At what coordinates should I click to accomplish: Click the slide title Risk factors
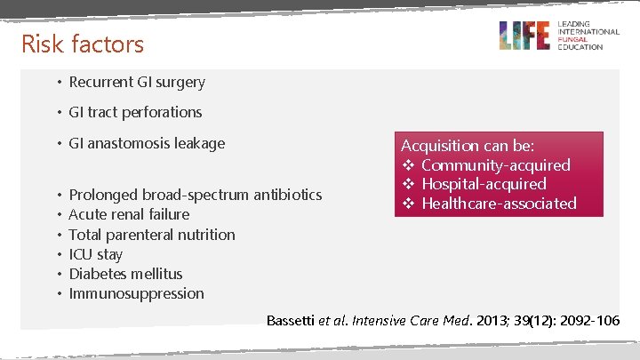click(82, 43)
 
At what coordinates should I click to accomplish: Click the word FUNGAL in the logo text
click(572, 39)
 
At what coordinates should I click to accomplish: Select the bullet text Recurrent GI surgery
click(137, 82)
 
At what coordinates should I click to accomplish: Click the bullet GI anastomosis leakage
click(147, 143)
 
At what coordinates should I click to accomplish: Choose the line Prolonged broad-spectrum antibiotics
click(195, 195)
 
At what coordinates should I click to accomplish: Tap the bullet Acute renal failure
click(129, 214)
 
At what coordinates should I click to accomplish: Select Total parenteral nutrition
click(152, 235)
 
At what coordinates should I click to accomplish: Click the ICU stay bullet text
click(96, 254)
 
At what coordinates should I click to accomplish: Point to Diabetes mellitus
click(125, 274)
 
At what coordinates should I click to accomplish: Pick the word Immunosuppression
click(136, 293)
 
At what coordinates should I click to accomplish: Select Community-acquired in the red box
click(495, 164)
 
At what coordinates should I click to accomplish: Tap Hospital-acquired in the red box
click(484, 184)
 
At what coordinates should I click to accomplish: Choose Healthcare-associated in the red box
click(499, 204)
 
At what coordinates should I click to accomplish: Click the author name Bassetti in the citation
click(291, 319)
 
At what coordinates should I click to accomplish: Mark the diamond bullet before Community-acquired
click(409, 165)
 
